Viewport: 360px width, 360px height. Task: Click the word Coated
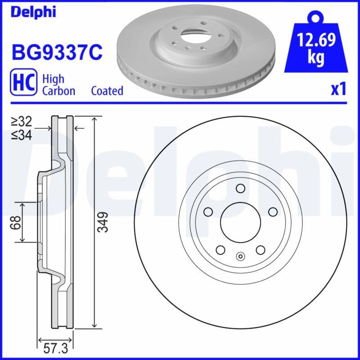click(x=107, y=91)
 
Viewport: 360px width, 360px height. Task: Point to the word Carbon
click(x=58, y=91)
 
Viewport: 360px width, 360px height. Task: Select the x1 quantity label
click(x=338, y=90)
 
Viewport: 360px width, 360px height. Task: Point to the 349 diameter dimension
click(x=103, y=222)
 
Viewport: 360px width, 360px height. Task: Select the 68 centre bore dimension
click(x=17, y=222)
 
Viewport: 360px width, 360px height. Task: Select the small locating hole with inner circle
click(x=240, y=257)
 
